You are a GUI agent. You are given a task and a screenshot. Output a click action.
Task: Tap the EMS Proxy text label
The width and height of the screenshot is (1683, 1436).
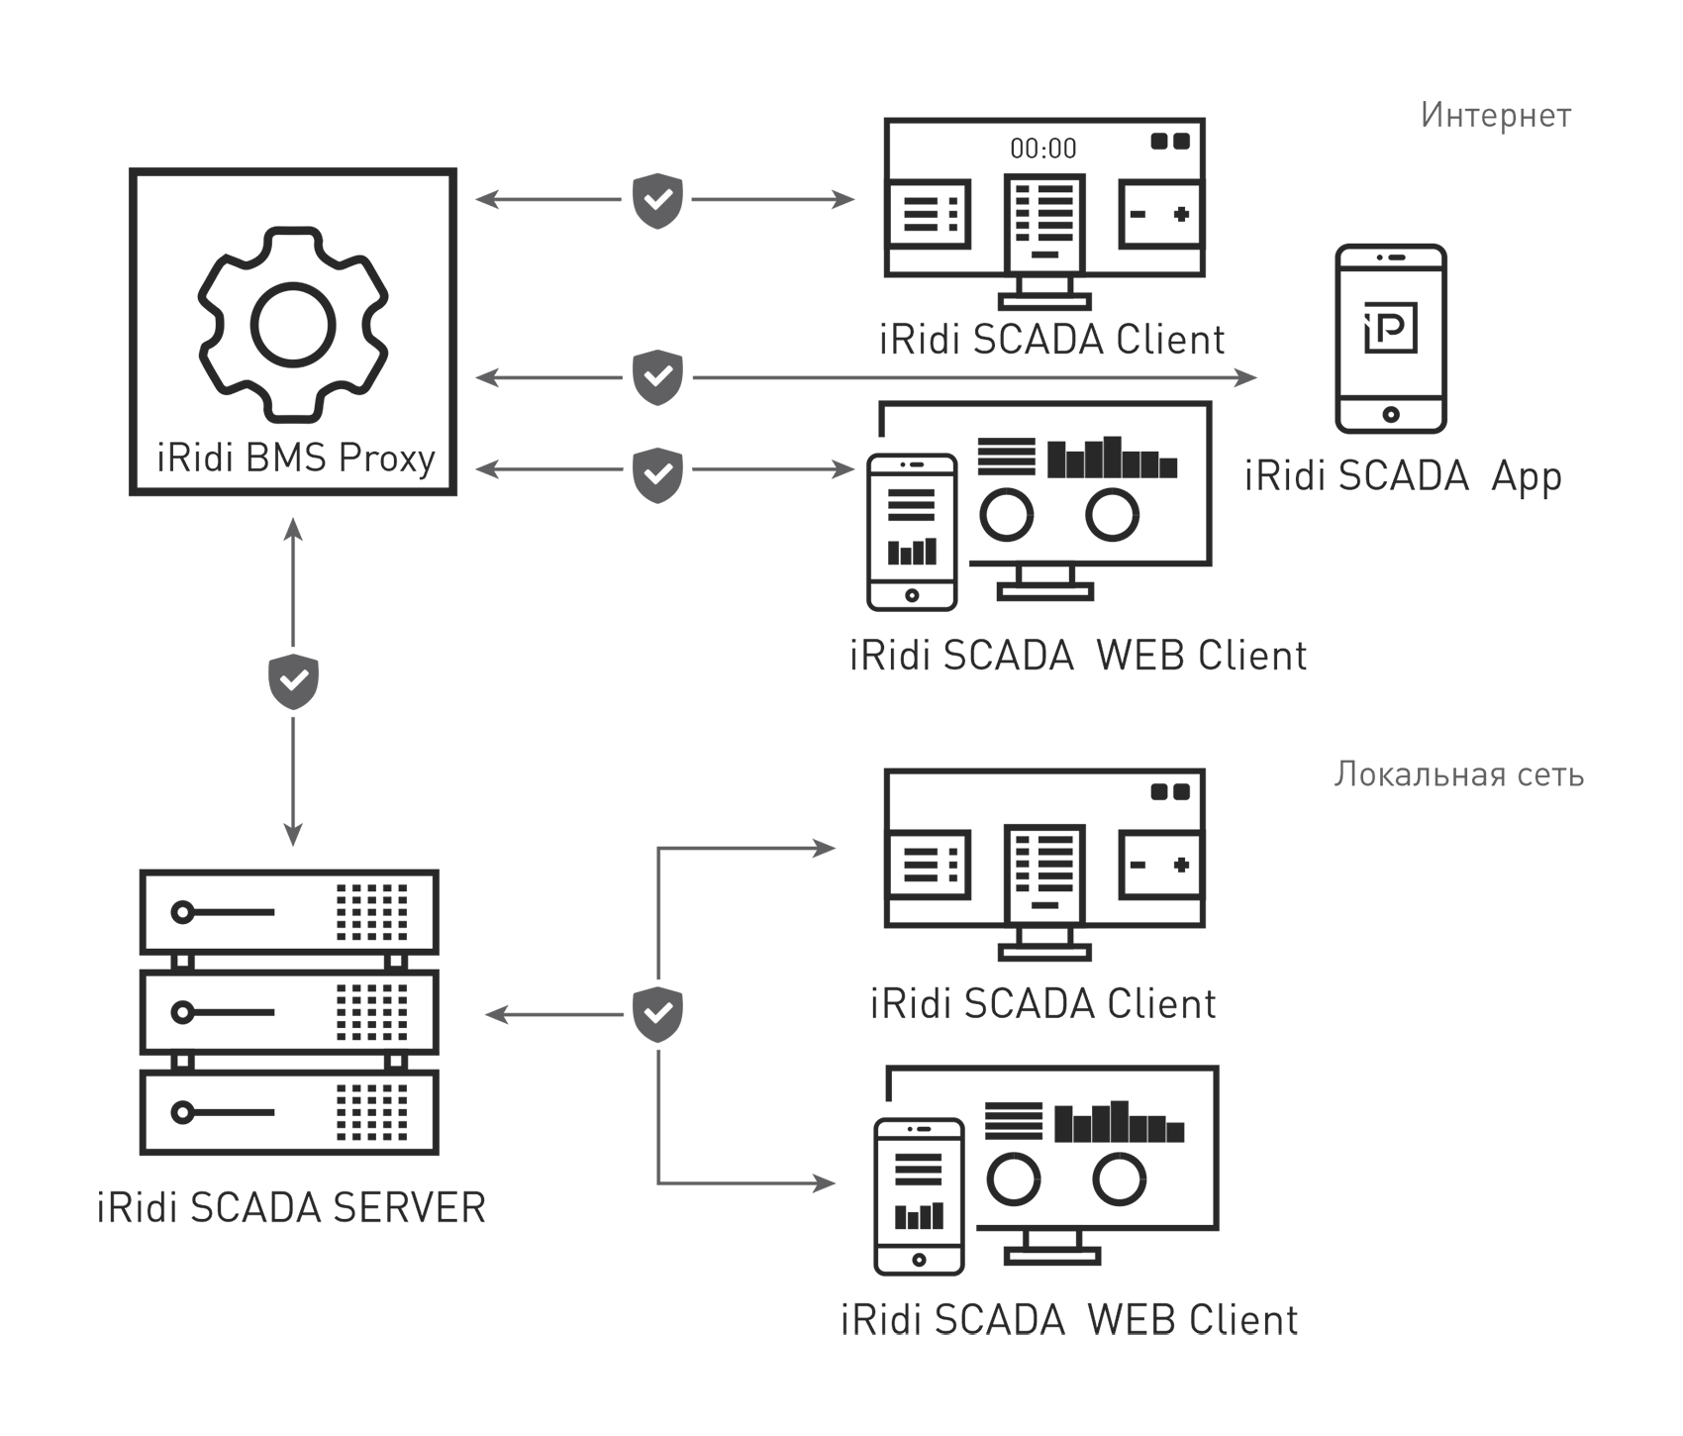pyautogui.click(x=293, y=462)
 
